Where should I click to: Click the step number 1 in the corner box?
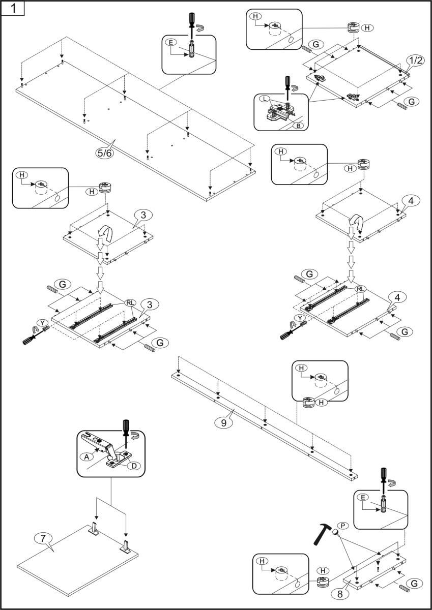point(12,9)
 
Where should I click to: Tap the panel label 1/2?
point(415,60)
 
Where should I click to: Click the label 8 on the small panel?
point(336,592)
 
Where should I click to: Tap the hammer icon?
point(321,532)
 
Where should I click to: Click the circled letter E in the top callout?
point(173,42)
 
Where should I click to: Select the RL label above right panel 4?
point(360,289)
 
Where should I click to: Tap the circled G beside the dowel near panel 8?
point(414,584)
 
